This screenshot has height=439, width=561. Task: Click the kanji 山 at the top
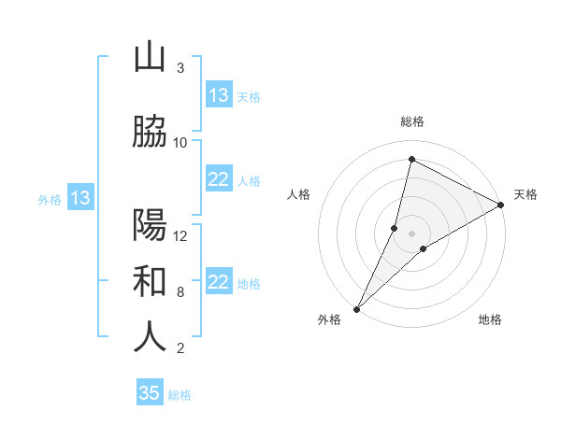(x=150, y=57)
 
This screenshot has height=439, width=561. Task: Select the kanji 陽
(x=150, y=225)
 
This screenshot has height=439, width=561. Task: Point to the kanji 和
(x=150, y=281)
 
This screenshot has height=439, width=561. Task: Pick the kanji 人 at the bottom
(x=150, y=337)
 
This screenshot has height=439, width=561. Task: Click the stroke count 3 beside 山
(x=180, y=68)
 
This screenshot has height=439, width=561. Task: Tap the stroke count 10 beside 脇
(x=180, y=143)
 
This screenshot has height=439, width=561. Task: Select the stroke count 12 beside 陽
(x=180, y=236)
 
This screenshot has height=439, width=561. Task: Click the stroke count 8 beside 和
(x=180, y=292)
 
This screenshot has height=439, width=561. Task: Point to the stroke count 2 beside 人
(x=180, y=348)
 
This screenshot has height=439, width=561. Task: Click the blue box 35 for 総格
(x=150, y=393)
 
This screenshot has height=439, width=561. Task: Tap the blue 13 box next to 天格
(x=219, y=95)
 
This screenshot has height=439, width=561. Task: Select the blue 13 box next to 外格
(x=79, y=198)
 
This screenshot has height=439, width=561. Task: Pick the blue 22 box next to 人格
(x=219, y=179)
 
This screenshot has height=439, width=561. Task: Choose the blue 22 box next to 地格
(x=219, y=282)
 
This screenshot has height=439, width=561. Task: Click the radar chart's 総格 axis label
(x=411, y=121)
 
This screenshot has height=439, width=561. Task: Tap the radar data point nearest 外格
(x=356, y=308)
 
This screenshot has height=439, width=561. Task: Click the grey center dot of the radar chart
(x=411, y=233)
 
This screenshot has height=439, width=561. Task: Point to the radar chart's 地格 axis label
(x=490, y=319)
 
